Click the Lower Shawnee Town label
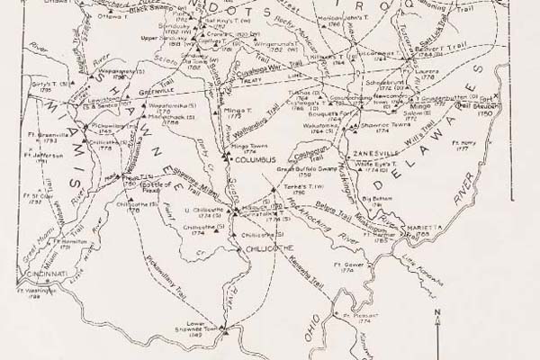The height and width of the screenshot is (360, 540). pyautogui.click(x=206, y=326)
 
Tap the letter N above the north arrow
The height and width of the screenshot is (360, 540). pyautogui.click(x=436, y=312)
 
